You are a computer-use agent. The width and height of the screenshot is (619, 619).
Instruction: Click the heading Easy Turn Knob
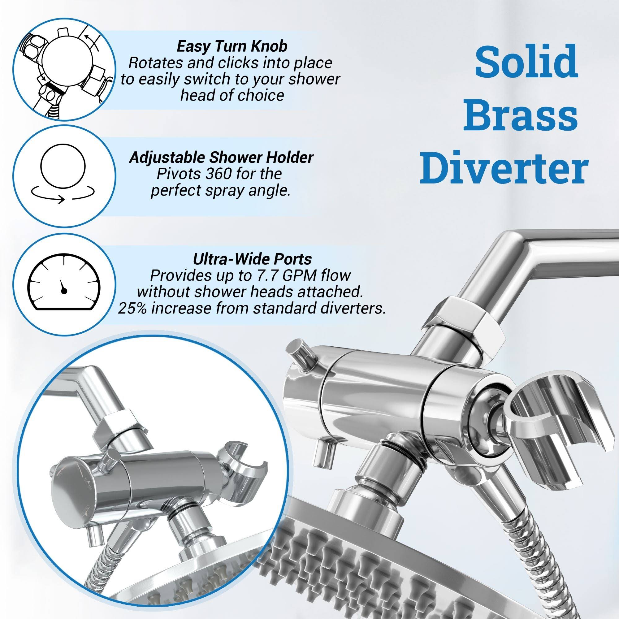click(x=232, y=46)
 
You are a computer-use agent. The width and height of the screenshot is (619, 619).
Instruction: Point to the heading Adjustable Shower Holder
click(x=221, y=157)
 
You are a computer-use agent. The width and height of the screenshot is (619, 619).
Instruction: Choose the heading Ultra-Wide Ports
click(x=252, y=259)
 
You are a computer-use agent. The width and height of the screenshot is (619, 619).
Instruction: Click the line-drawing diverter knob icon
click(x=64, y=69)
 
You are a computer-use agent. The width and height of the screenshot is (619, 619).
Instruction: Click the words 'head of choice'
click(x=232, y=95)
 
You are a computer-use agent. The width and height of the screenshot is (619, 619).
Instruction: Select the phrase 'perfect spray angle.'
click(x=221, y=191)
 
